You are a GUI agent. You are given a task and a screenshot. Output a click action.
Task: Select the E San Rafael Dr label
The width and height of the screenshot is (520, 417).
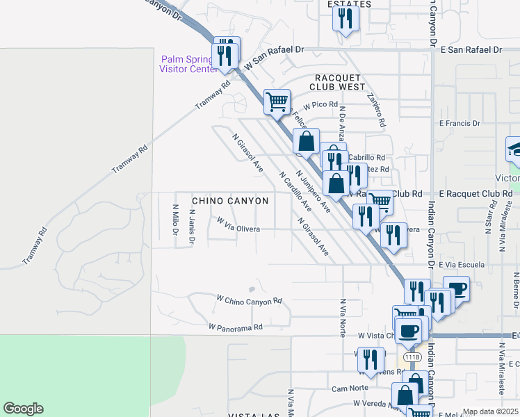click(471, 50)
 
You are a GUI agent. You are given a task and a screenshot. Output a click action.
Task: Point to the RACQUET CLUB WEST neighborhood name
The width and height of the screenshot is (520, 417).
click(340, 82)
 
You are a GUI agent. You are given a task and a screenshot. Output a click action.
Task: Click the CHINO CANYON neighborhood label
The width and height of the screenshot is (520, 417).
click(229, 201)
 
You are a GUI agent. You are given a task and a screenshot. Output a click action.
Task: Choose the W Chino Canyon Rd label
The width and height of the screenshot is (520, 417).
click(249, 300)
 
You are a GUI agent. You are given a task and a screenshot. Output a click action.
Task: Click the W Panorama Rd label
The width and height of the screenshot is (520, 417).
click(235, 326)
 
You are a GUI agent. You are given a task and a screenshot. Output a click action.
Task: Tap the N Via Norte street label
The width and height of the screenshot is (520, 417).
click(343, 318)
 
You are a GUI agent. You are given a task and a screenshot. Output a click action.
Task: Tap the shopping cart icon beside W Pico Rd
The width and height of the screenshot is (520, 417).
click(277, 101)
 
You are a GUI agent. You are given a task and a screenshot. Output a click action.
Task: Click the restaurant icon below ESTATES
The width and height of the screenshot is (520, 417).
click(346, 19)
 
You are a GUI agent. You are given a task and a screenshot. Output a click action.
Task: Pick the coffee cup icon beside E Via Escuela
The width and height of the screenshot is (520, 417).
click(456, 288)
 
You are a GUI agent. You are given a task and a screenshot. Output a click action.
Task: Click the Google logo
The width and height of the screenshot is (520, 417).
click(23, 409)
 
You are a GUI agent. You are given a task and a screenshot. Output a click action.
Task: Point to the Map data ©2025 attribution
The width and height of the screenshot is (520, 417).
click(490, 412)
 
